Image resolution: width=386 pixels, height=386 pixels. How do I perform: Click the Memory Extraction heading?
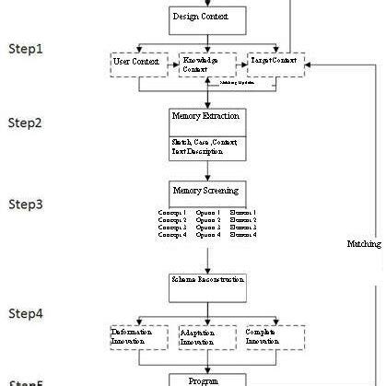[x=206, y=117]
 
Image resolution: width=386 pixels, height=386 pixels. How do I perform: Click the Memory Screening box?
[x=206, y=191]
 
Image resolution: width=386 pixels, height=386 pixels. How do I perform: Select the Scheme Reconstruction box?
[x=206, y=279]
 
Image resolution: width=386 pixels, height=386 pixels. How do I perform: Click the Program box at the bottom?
[x=206, y=379]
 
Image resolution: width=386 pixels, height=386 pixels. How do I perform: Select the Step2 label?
[x=26, y=123]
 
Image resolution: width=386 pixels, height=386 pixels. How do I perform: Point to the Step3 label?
[x=26, y=204]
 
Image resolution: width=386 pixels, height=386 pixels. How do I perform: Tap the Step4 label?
[x=26, y=313]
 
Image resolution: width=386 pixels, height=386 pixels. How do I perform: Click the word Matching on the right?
[x=363, y=244]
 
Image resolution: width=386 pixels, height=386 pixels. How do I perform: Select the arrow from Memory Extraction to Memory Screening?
[x=206, y=171]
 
